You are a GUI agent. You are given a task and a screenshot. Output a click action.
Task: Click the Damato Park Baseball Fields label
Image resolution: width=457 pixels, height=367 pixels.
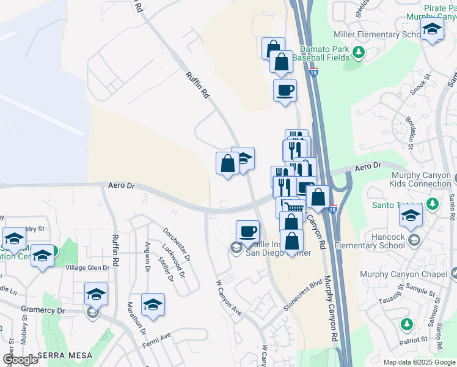click(321, 53)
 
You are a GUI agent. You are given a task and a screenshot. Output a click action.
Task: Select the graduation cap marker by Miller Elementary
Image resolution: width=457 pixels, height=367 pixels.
click(433, 29)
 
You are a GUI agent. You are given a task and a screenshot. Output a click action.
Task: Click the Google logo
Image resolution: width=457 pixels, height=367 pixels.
click(20, 360)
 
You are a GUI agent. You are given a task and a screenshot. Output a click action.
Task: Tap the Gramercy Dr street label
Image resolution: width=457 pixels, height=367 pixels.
click(43, 311)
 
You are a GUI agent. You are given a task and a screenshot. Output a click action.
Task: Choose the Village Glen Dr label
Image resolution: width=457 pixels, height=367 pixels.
click(87, 268)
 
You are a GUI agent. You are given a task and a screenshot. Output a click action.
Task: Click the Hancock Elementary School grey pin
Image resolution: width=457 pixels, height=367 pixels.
click(415, 238)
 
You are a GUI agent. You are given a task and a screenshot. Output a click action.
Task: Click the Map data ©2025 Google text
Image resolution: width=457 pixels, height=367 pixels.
click(419, 362)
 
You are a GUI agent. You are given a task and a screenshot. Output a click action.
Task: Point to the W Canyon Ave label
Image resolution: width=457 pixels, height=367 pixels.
click(229, 298)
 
